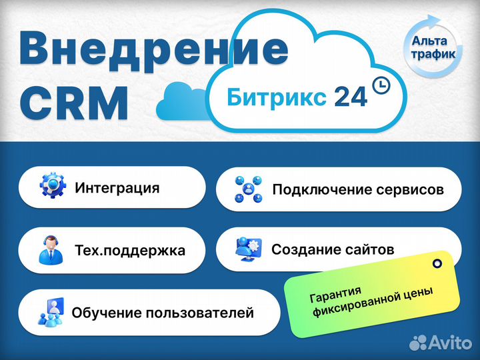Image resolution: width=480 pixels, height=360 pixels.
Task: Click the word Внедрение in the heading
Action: click(x=154, y=51)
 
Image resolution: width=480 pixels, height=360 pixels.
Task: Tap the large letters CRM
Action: click(x=73, y=104)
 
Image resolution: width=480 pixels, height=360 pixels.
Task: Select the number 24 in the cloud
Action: click(x=351, y=97)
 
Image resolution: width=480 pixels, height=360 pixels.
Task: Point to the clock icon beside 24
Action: click(x=381, y=85)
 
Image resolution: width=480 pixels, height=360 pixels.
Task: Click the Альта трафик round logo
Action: click(x=433, y=46)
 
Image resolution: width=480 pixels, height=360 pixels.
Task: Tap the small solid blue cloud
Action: click(x=181, y=103)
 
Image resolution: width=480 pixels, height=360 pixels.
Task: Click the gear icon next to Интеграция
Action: click(x=53, y=185)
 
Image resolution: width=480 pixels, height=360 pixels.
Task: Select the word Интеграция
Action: click(x=117, y=187)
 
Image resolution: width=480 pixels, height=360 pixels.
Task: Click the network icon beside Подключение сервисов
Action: click(x=249, y=189)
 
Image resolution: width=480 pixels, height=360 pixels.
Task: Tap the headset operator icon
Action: click(x=51, y=250)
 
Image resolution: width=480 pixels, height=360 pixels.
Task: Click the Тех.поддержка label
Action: click(x=130, y=251)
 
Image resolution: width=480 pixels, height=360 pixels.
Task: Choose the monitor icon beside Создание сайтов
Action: click(x=249, y=249)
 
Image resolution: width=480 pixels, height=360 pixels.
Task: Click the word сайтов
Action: click(x=369, y=249)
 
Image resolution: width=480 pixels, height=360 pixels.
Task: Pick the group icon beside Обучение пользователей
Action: click(x=51, y=311)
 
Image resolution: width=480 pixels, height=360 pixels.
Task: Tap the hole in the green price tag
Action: click(x=437, y=263)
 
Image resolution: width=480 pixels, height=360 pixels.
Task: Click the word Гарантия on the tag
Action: click(x=335, y=294)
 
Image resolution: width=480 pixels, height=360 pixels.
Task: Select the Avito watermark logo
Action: click(x=441, y=343)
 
